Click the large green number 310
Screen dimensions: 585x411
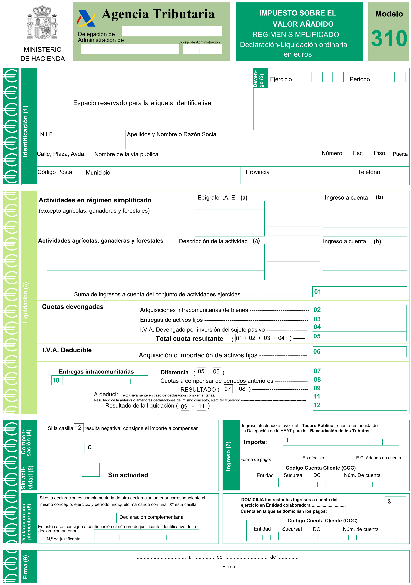click(389, 39)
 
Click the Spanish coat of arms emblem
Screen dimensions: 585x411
click(42, 22)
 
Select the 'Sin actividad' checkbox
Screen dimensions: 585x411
click(91, 470)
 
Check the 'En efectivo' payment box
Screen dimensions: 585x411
click(293, 458)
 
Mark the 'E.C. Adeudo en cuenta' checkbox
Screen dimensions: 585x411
click(348, 458)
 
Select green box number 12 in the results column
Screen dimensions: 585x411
click(317, 405)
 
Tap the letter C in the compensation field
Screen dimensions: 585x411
click(90, 447)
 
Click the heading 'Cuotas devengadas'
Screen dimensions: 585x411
click(73, 307)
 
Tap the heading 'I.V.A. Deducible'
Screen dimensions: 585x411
click(67, 350)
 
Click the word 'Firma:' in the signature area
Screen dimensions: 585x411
click(229, 567)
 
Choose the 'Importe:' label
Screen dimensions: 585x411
click(255, 442)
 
